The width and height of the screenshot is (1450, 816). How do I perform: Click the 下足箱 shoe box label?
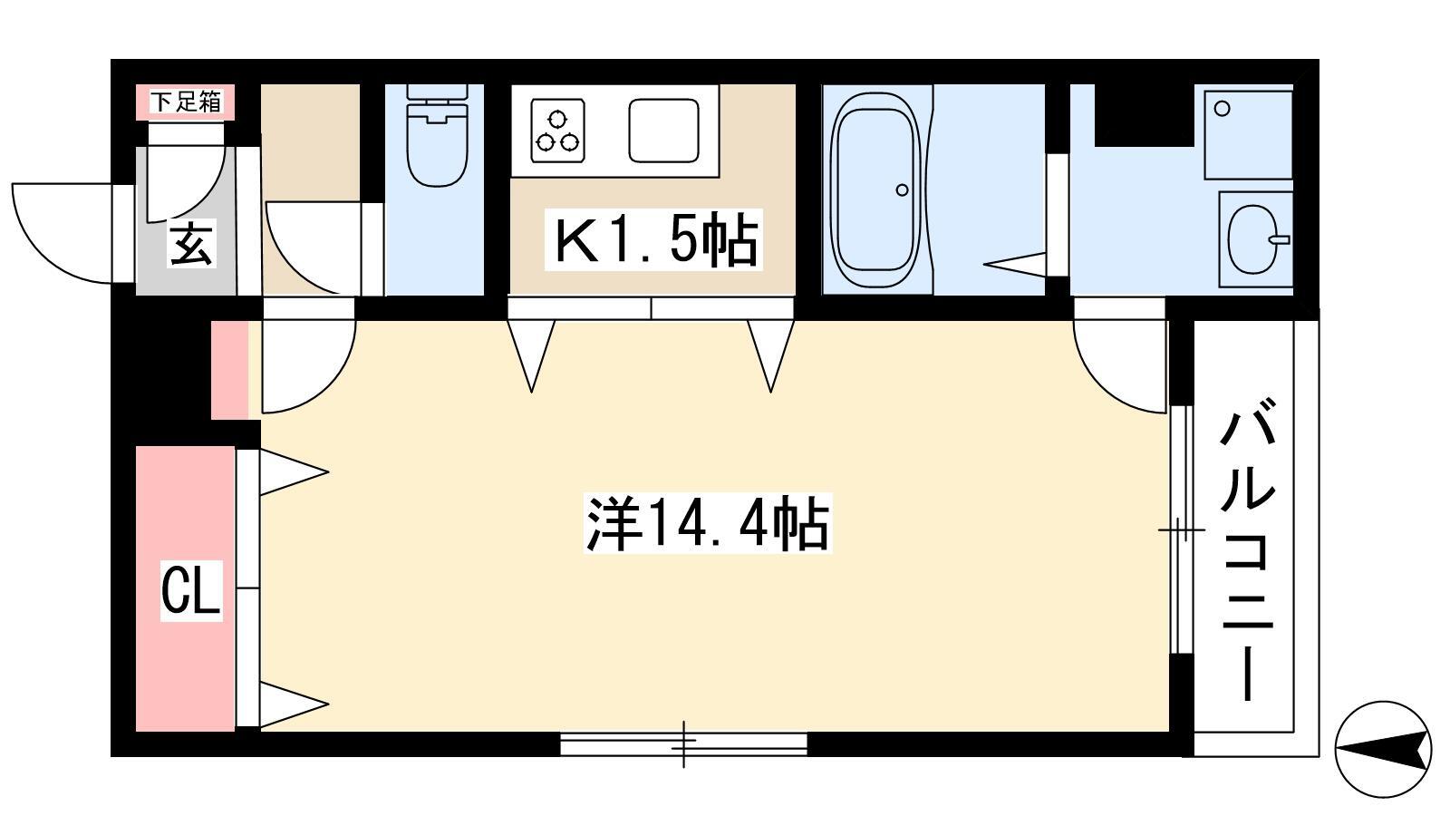pyautogui.click(x=186, y=102)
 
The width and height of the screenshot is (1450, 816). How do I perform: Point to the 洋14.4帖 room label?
pyautogui.click(x=708, y=523)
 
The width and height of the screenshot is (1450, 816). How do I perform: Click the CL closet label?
pyautogui.click(x=191, y=590)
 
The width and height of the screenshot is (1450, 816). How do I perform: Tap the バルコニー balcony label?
pyautogui.click(x=1247, y=549)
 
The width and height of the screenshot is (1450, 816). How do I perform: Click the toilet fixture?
pyautogui.click(x=437, y=136)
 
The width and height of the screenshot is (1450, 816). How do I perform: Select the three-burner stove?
pyautogui.click(x=557, y=131)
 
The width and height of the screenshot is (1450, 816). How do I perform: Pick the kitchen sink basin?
pyautogui.click(x=663, y=131)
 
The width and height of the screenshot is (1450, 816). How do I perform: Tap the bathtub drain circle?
pyautogui.click(x=903, y=189)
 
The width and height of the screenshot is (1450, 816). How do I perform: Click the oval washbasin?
pyautogui.click(x=1253, y=239)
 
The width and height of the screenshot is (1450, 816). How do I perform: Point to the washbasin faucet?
pyautogui.click(x=1280, y=239)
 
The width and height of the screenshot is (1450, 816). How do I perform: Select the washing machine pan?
pyautogui.click(x=1248, y=135)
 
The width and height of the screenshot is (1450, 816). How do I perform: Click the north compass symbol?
pyautogui.click(x=1383, y=749)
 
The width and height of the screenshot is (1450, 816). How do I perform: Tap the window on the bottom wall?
pyautogui.click(x=683, y=743)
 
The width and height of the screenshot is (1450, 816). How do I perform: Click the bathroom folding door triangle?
pyautogui.click(x=1014, y=264)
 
